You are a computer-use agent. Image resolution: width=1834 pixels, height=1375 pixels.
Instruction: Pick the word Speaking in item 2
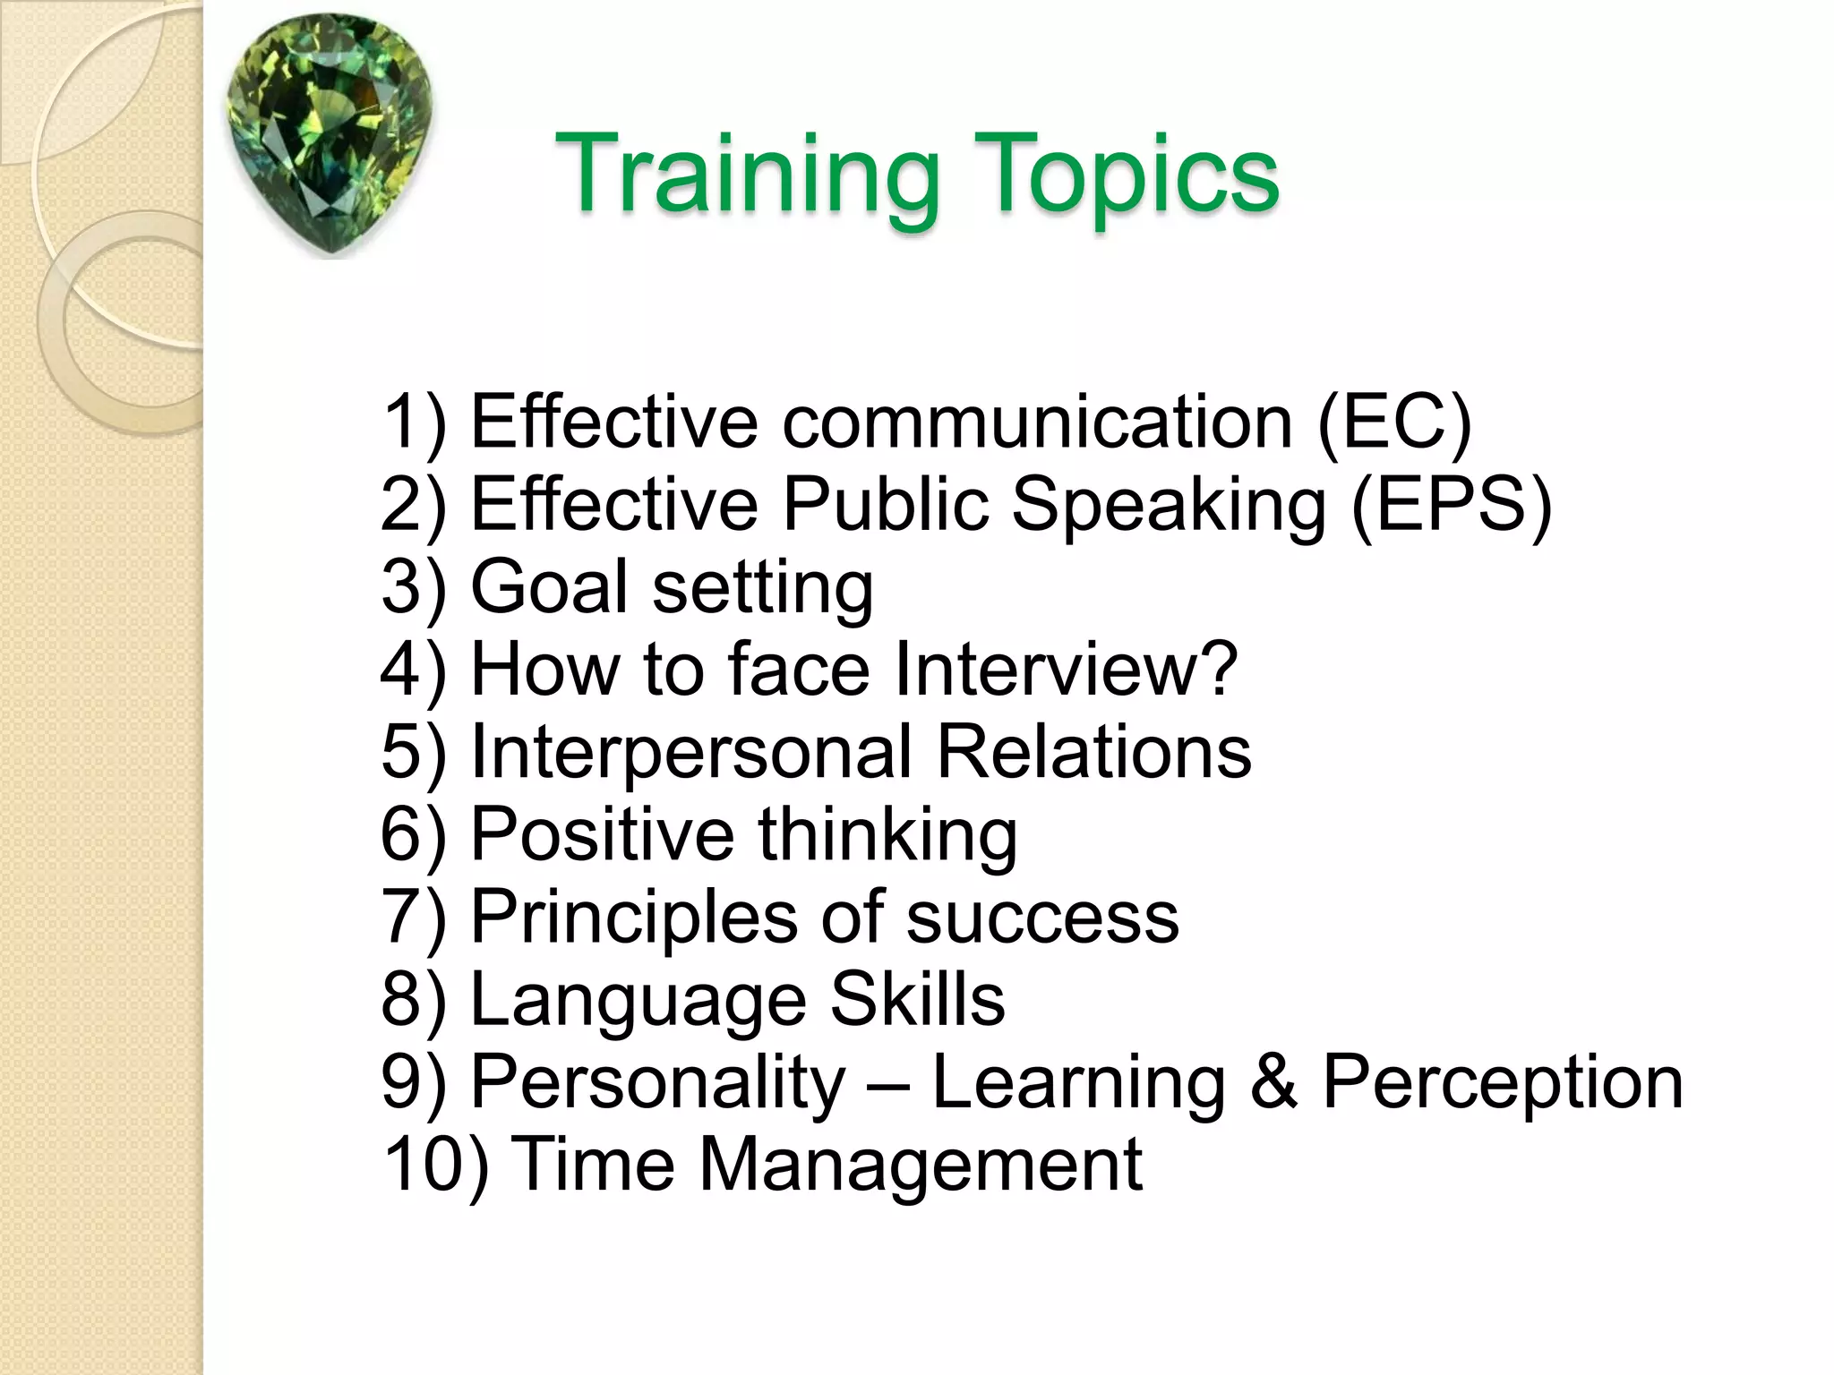click(x=1169, y=505)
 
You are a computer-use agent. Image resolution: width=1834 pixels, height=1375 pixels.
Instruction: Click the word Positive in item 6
click(x=603, y=833)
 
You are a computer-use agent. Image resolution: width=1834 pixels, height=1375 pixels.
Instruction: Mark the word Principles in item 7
click(x=633, y=917)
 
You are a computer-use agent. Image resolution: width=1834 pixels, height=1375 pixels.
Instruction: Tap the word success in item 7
click(x=1042, y=918)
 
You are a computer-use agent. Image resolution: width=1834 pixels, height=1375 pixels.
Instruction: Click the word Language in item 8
click(x=638, y=1001)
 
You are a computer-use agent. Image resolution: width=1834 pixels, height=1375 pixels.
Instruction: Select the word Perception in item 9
click(x=1503, y=1083)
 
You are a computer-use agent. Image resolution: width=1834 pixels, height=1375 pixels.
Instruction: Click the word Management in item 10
click(x=920, y=1165)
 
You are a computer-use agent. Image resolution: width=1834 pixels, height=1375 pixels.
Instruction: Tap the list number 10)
click(x=436, y=1165)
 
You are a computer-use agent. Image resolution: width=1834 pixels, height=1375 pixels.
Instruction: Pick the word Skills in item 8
click(x=917, y=999)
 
